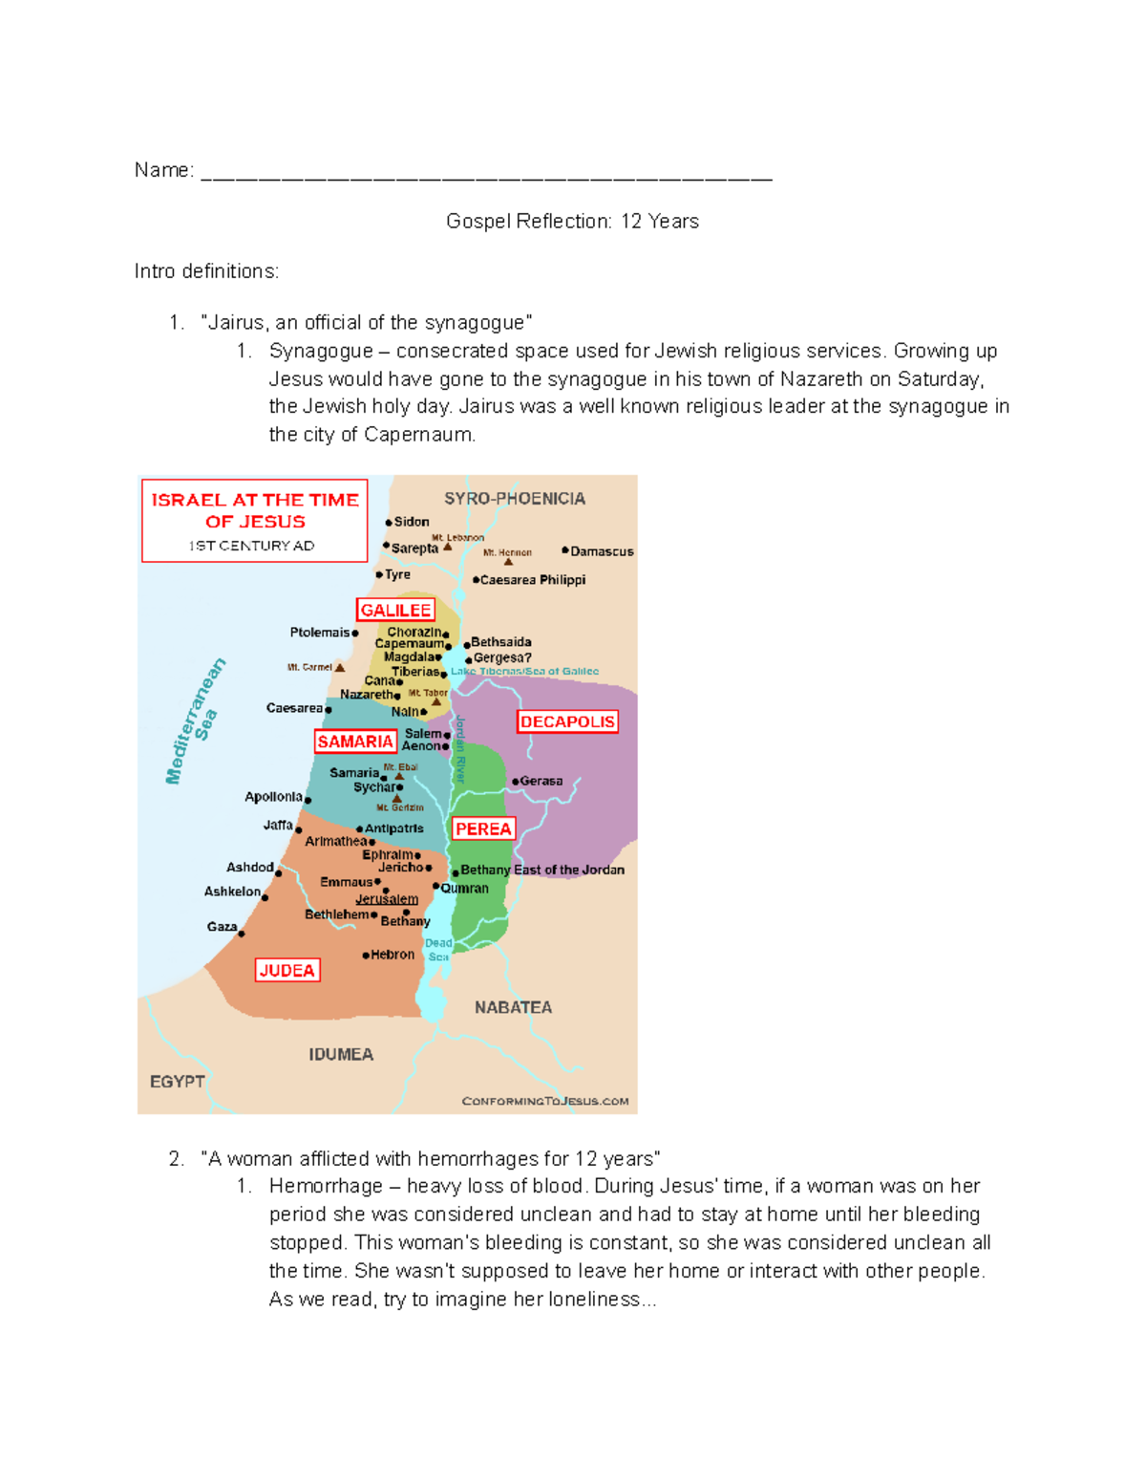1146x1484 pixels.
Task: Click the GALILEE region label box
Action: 395,610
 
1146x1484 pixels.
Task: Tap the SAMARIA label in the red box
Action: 355,742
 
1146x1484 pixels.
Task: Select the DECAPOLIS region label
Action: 567,721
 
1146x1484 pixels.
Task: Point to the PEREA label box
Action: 483,828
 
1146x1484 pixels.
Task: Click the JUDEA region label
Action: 286,970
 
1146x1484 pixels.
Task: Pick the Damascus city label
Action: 602,551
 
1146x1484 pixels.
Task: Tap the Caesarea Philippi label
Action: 533,580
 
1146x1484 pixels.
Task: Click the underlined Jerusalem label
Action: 387,899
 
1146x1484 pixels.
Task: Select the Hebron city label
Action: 393,955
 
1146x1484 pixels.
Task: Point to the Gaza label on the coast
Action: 222,927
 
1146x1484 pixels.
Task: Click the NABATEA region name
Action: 513,1007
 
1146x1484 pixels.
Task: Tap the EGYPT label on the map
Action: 178,1081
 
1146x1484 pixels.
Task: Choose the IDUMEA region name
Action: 341,1054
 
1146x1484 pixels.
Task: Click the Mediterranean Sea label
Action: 197,721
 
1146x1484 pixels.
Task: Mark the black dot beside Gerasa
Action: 516,782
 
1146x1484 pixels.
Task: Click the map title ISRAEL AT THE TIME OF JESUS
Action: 255,510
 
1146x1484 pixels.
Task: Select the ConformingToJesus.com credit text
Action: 545,1101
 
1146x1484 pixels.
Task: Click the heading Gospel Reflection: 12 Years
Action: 572,222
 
